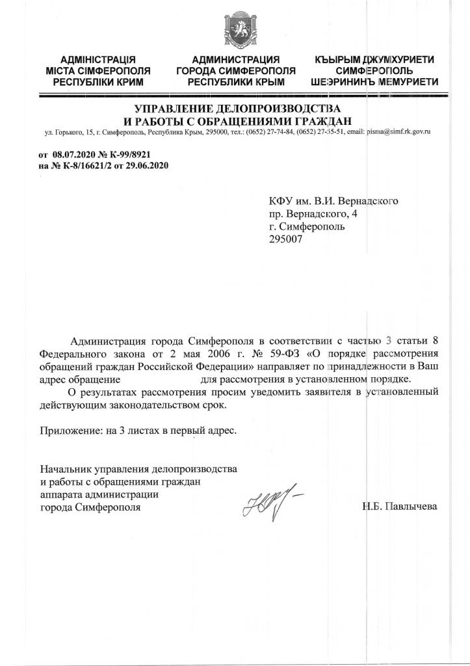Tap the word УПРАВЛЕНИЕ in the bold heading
(175, 108)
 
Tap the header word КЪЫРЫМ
(341, 60)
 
